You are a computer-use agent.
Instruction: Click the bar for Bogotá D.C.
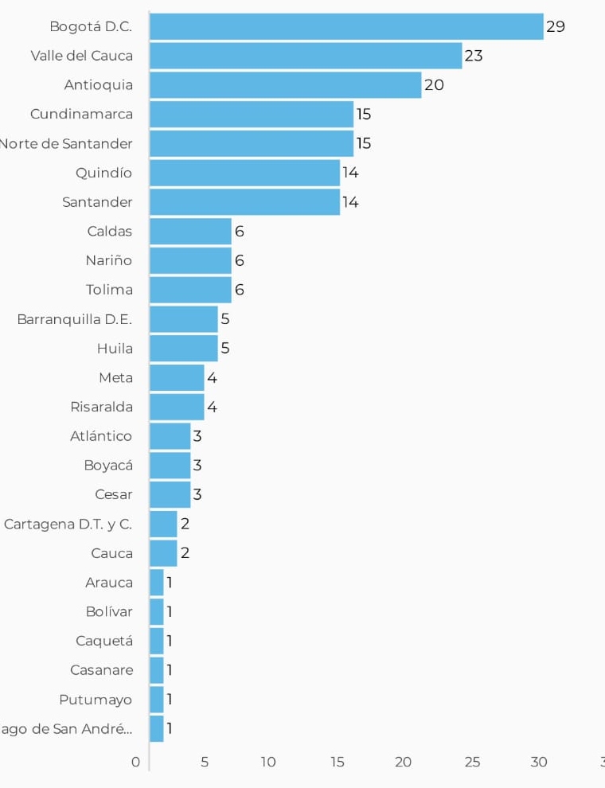(346, 26)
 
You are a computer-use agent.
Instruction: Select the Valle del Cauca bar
(306, 56)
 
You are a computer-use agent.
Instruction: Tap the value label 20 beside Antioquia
(434, 85)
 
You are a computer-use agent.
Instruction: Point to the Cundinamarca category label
(81, 114)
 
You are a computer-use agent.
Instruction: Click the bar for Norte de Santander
(252, 143)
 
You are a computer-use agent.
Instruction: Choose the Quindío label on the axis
(103, 173)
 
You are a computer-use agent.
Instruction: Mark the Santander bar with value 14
(244, 202)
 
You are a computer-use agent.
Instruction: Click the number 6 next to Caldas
(239, 232)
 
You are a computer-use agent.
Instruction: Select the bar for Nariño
(190, 260)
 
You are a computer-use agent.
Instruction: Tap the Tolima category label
(109, 290)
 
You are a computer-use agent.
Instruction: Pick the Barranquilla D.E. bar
(183, 319)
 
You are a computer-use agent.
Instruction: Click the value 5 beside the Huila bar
(225, 349)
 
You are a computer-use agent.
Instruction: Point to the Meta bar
(177, 377)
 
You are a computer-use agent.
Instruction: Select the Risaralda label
(101, 407)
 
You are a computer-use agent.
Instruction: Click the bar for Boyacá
(170, 466)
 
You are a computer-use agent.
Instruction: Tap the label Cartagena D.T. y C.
(68, 524)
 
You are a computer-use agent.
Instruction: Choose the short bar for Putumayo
(156, 700)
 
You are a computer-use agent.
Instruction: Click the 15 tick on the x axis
(338, 762)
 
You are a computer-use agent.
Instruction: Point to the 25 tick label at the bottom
(472, 762)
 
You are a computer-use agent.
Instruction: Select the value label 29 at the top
(556, 26)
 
